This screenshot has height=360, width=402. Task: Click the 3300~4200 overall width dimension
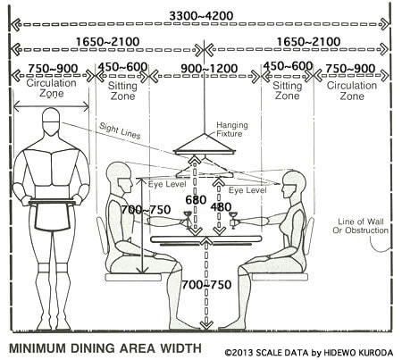click(x=201, y=15)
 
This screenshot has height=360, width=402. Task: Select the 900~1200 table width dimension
click(x=209, y=69)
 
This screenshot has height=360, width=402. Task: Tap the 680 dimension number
click(x=196, y=200)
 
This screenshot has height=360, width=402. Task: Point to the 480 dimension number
click(x=221, y=207)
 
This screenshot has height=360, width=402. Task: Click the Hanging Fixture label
click(x=231, y=130)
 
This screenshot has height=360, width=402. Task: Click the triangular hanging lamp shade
click(x=205, y=145)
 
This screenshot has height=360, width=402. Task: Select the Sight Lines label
click(x=120, y=131)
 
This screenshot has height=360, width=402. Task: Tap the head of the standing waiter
click(x=51, y=121)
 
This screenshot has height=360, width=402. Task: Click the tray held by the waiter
click(x=52, y=203)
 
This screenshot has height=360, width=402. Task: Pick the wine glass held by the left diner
click(x=188, y=219)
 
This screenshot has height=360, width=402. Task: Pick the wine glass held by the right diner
click(x=233, y=220)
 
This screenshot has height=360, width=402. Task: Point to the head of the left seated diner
click(x=120, y=177)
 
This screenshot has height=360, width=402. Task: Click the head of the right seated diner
click(x=293, y=184)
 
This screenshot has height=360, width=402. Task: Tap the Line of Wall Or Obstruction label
click(x=360, y=226)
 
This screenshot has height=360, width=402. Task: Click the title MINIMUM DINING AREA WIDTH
click(x=105, y=348)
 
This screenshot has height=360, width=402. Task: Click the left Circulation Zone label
click(x=51, y=88)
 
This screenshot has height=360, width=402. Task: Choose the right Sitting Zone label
click(x=288, y=91)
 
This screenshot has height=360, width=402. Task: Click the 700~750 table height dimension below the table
click(x=206, y=285)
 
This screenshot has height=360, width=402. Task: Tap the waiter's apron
click(x=51, y=217)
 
